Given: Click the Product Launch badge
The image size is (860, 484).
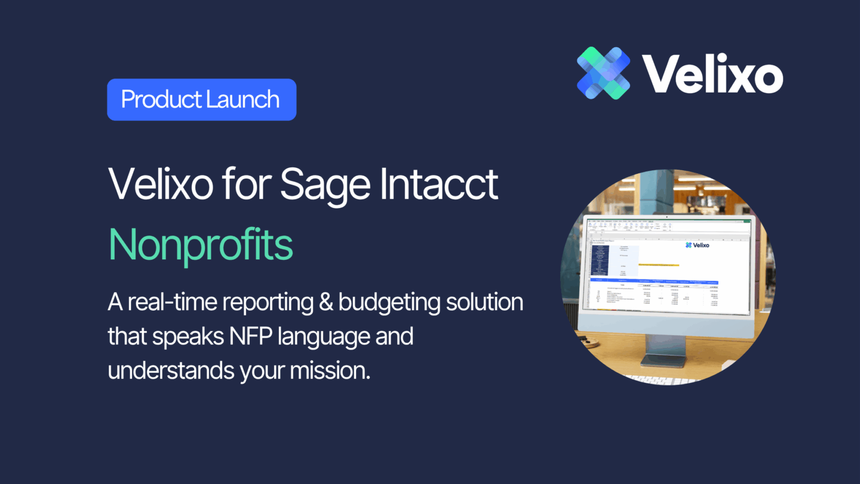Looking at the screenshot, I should click(201, 100).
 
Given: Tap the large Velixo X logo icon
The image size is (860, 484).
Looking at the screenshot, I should click(603, 72).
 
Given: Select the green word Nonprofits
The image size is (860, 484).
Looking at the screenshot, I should click(201, 244).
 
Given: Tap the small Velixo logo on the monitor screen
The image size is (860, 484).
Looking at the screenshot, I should click(697, 244).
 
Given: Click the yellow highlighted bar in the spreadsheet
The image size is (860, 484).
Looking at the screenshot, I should click(658, 264).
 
